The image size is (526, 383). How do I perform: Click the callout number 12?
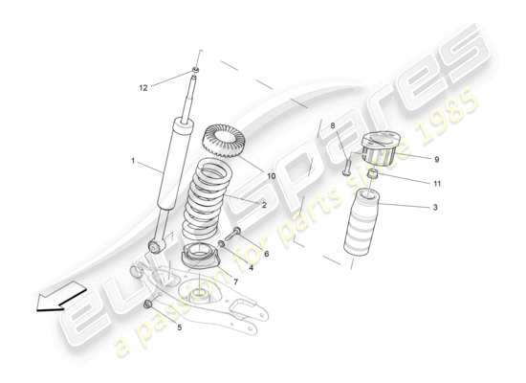(143, 88)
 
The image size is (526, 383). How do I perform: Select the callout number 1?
(133, 161)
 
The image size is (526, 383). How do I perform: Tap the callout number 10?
(271, 176)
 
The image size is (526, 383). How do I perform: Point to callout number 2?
(264, 205)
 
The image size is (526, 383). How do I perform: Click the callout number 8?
(333, 124)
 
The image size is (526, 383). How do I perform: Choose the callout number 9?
(436, 159)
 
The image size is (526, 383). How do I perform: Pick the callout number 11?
(436, 183)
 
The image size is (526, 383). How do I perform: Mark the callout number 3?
(436, 207)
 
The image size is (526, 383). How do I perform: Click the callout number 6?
(266, 254)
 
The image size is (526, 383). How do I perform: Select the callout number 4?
(251, 268)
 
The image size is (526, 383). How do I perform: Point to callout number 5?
(179, 327)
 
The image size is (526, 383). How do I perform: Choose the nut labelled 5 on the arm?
(147, 304)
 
